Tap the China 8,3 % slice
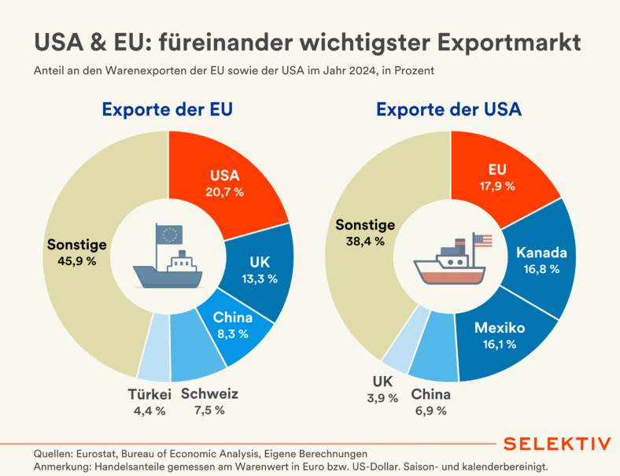[233, 325]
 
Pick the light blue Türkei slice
[155, 347]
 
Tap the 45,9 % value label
[76, 260]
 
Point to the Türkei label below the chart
[149, 394]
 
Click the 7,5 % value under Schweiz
[209, 410]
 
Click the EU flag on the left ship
[170, 234]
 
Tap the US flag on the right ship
[482, 240]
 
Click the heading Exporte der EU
[167, 109]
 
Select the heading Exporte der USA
[448, 109]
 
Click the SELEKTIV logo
[556, 444]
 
